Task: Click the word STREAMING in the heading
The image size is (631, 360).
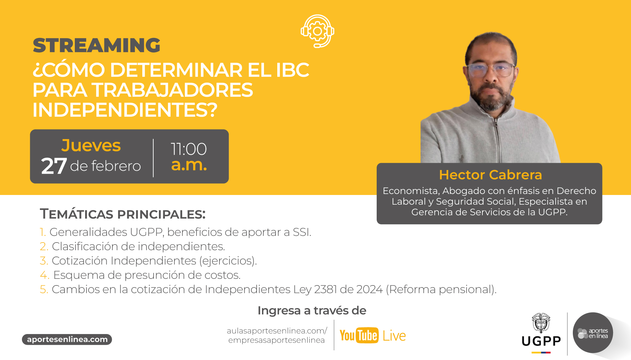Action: (x=96, y=45)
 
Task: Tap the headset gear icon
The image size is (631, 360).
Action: (x=317, y=31)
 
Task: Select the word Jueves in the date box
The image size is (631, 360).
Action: (x=91, y=146)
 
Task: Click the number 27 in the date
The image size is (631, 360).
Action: (x=54, y=166)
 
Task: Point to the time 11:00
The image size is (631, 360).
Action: (x=189, y=149)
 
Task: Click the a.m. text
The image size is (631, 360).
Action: (x=189, y=165)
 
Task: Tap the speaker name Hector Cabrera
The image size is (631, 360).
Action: (x=490, y=175)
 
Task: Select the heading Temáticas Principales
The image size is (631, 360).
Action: (x=123, y=214)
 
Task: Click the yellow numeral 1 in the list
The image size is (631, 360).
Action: (x=42, y=232)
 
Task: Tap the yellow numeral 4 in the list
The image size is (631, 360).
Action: (x=44, y=275)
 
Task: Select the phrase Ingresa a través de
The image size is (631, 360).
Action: (x=312, y=310)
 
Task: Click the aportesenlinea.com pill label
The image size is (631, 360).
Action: (x=67, y=339)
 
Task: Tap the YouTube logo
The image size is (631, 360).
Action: (x=359, y=335)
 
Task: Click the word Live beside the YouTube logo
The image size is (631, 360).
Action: (x=394, y=336)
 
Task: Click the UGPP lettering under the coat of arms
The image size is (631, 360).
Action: (x=541, y=341)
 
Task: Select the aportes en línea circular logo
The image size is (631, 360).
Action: (x=593, y=333)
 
